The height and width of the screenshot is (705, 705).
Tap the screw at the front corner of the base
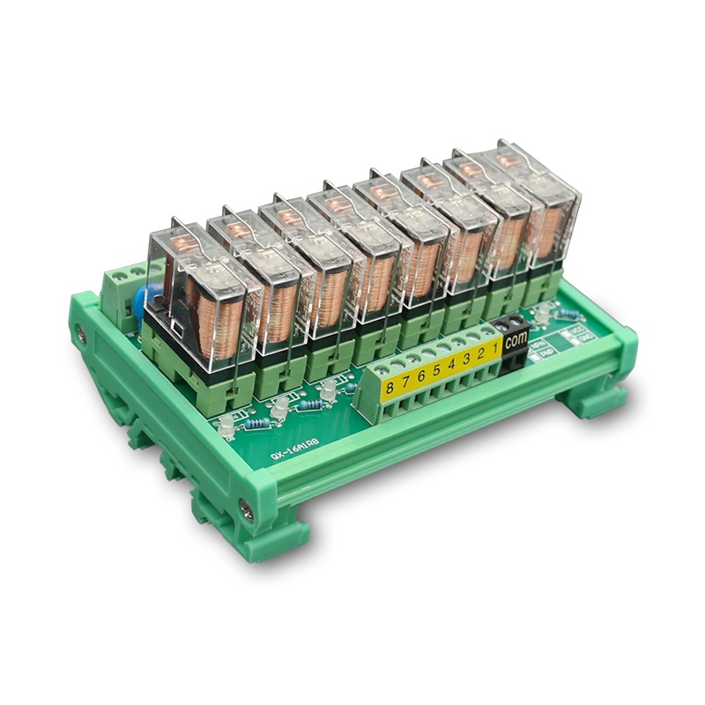tap(245, 505)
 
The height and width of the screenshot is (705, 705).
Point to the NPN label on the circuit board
tap(538, 346)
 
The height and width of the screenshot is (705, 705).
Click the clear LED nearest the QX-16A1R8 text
tap(226, 428)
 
